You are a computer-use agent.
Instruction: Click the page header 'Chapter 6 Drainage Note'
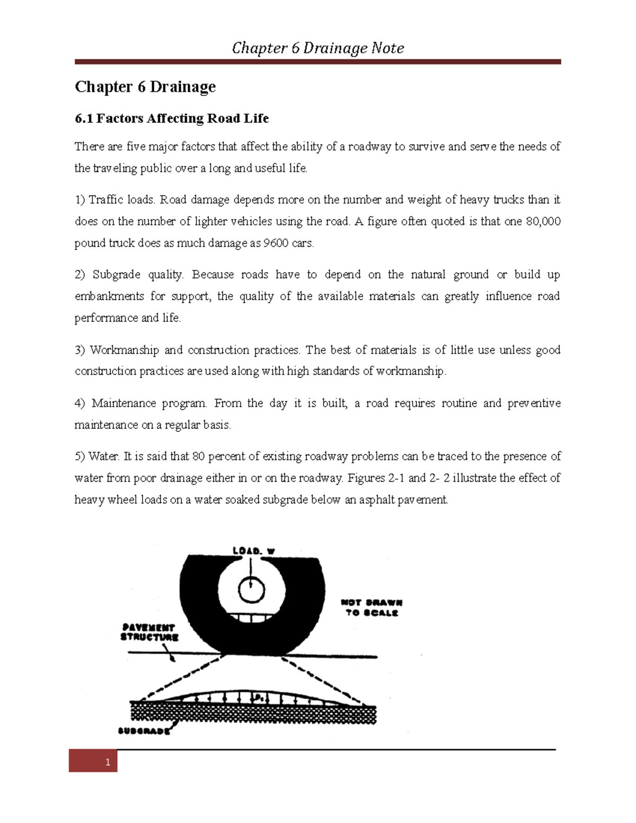click(317, 48)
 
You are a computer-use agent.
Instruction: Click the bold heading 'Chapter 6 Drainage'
click(145, 87)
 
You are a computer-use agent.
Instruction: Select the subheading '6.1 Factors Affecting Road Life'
click(172, 118)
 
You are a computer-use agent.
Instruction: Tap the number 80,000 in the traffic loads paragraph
click(543, 222)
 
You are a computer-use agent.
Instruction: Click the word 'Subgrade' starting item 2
click(116, 275)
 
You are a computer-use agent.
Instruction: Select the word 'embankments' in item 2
click(109, 296)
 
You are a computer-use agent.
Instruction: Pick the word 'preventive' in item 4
click(534, 403)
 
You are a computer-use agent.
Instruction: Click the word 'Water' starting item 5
click(103, 456)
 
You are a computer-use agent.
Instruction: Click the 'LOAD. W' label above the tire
click(254, 551)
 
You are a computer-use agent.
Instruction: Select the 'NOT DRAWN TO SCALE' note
click(372, 607)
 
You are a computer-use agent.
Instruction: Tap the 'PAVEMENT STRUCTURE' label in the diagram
click(149, 632)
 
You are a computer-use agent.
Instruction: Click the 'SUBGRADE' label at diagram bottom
click(144, 731)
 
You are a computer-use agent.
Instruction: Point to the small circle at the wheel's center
click(251, 590)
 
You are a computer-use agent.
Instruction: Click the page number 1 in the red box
click(108, 762)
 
